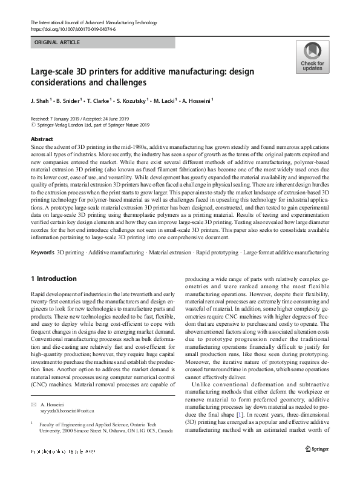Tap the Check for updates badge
pos(312,58)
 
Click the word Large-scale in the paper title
pos(50,71)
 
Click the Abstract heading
pos(42,139)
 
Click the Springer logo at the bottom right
pos(318,465)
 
